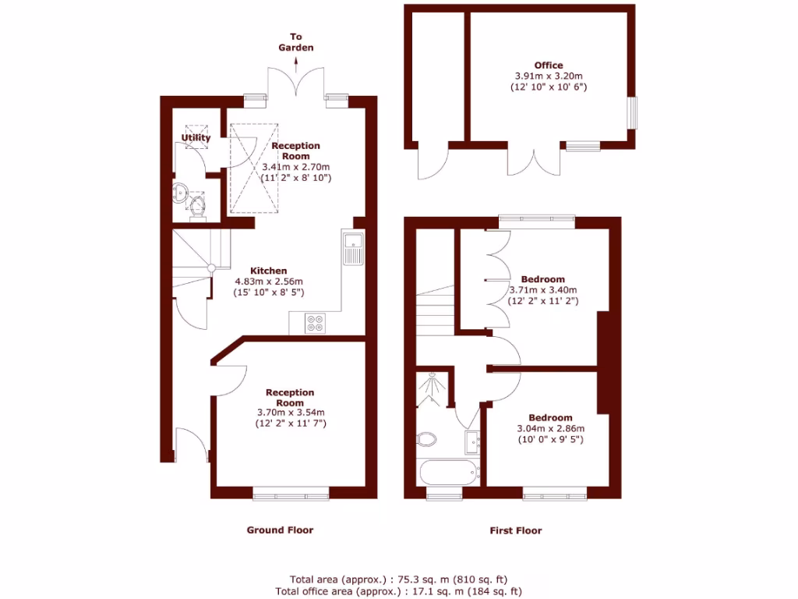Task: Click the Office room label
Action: [x=548, y=66]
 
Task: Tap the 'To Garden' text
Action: [x=296, y=42]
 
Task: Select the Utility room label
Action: [x=196, y=138]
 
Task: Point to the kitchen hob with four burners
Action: [x=316, y=323]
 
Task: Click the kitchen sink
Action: [x=353, y=248]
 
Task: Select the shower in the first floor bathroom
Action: [x=431, y=389]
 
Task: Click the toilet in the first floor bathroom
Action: [x=427, y=440]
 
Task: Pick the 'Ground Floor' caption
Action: [x=280, y=530]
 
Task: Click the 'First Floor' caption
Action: [x=515, y=530]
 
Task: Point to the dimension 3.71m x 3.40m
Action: [x=542, y=290]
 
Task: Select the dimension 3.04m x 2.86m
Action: [x=550, y=428]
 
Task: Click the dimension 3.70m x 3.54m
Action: [x=290, y=413]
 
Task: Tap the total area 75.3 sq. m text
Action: [x=398, y=580]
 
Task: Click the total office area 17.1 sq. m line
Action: [x=398, y=592]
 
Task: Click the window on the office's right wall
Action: [x=631, y=112]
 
